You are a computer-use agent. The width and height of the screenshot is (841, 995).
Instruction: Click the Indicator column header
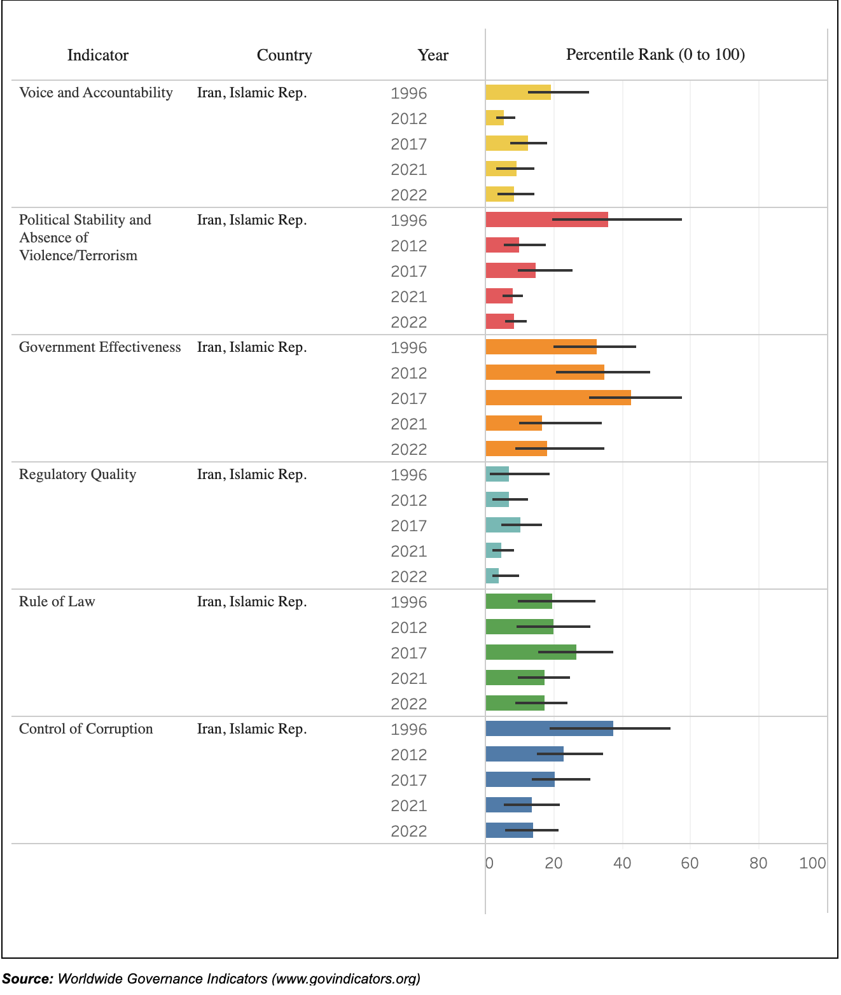(98, 55)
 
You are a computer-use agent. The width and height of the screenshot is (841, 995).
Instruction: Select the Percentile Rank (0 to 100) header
(655, 55)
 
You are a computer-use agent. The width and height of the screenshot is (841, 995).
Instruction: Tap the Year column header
(433, 55)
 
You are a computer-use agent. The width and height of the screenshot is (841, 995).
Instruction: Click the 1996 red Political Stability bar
(546, 219)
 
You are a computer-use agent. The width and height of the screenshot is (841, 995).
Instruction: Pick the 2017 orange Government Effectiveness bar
(558, 398)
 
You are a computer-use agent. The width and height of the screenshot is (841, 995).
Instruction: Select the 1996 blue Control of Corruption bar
(549, 728)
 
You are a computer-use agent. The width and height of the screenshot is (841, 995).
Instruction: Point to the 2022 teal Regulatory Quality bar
(492, 576)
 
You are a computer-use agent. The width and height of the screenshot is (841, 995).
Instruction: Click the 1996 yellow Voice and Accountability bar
(518, 92)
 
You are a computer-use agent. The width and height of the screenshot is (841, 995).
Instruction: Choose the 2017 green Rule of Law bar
(531, 652)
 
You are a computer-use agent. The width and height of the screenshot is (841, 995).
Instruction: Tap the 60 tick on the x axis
(690, 863)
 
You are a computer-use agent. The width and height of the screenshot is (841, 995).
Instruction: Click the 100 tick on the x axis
(812, 863)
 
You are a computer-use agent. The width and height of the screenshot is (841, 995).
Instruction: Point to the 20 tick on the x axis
(553, 863)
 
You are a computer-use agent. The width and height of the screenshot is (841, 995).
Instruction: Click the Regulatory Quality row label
(78, 475)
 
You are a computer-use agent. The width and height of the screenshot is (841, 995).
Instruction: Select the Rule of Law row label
(57, 602)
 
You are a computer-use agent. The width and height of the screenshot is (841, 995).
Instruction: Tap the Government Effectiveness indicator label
(100, 347)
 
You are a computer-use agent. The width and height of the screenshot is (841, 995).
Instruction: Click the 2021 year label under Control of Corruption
(408, 805)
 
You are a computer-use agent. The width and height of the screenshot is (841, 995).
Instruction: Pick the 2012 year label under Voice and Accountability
(408, 118)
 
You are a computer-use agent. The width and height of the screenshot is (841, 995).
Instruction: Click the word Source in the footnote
(27, 978)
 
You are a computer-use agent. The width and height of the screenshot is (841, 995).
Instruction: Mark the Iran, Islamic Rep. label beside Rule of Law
(252, 602)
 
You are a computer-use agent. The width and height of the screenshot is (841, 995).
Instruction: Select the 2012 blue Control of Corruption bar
(524, 754)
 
